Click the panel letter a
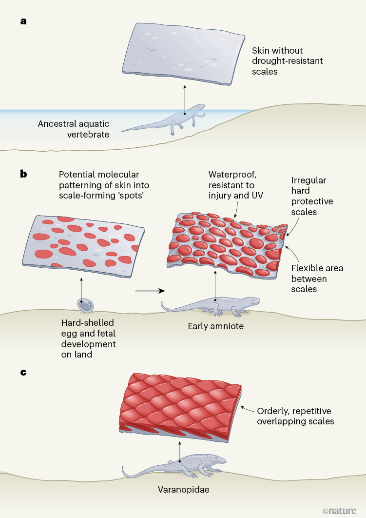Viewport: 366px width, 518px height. [x=23, y=21]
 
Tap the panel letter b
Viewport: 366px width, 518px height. [x=23, y=173]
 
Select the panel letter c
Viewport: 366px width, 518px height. [x=23, y=372]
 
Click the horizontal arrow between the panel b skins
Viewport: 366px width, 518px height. [x=149, y=291]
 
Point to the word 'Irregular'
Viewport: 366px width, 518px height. [x=308, y=180]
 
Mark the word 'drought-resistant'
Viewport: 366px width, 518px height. [x=288, y=61]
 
